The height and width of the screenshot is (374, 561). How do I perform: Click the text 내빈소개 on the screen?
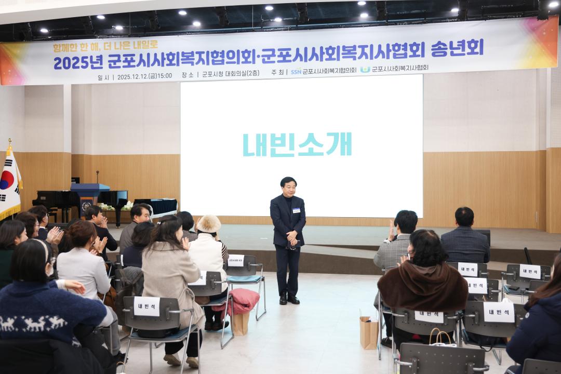click(x=297, y=144)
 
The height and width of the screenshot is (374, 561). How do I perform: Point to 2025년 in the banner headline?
click(x=78, y=62)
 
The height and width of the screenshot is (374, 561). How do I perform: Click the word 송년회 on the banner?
click(x=457, y=48)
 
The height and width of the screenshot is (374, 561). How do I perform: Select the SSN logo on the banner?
click(x=296, y=72)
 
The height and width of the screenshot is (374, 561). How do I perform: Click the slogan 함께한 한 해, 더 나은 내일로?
click(x=105, y=47)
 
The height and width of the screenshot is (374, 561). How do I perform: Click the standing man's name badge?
click(x=296, y=210)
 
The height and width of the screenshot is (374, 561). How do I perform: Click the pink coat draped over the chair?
click(x=240, y=301)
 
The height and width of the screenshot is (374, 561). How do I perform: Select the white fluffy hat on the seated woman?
click(x=209, y=224)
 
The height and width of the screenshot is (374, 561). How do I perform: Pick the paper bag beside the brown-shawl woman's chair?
click(x=369, y=332)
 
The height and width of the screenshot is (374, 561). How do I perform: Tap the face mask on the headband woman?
click(x=50, y=270)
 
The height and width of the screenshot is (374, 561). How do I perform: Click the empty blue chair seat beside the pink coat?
click(x=244, y=279)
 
